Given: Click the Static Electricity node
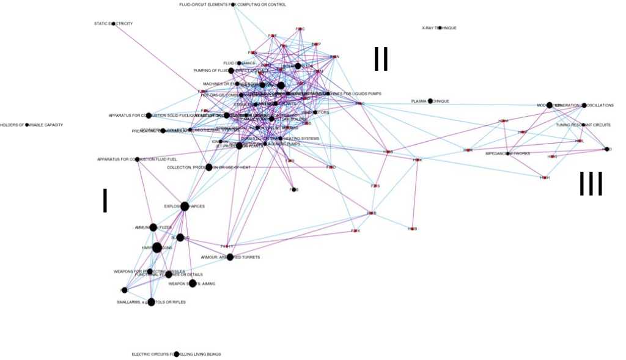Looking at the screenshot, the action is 113,24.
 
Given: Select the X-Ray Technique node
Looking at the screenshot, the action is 440,28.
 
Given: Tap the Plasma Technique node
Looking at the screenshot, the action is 430,101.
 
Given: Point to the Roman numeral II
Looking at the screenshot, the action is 381,59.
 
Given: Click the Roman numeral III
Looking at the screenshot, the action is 591,184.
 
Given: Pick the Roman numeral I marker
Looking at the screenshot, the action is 105,200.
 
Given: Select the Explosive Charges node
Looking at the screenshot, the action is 185,207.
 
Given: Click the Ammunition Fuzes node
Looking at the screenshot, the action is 153,227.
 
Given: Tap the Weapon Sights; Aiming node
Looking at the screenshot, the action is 193,284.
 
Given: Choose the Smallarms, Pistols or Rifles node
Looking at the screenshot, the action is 152,302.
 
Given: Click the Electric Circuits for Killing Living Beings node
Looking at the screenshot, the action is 177,354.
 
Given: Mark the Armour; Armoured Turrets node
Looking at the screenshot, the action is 230,257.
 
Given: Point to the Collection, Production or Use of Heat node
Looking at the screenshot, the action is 209,167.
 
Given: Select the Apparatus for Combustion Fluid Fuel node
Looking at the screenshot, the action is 137,160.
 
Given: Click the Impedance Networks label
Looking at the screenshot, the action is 507,153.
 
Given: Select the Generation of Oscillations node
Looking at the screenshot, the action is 584,106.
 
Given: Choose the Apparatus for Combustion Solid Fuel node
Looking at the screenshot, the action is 149,116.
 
